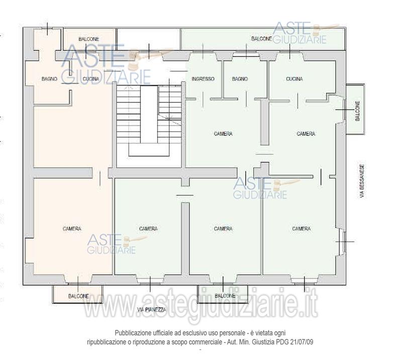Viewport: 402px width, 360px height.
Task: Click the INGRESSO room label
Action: click(203, 79)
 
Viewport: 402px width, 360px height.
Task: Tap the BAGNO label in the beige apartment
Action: click(49, 79)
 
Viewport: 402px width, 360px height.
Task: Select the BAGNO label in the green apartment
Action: click(240, 79)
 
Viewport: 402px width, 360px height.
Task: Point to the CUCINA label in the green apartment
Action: click(294, 79)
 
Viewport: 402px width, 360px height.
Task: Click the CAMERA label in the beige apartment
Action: click(72, 228)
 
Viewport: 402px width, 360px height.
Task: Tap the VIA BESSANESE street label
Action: click(362, 181)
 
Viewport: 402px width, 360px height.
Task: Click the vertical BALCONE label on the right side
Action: click(358, 111)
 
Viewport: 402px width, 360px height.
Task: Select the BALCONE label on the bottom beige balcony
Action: click(78, 296)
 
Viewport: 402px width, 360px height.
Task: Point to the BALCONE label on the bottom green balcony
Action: click(225, 296)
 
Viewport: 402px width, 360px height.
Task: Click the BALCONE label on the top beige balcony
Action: click(89, 39)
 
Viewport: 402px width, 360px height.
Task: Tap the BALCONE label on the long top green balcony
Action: click(261, 39)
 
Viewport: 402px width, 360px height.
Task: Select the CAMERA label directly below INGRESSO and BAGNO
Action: click(223, 134)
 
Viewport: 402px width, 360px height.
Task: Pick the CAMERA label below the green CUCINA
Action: click(306, 134)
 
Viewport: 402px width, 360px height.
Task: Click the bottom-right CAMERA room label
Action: click(301, 228)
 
